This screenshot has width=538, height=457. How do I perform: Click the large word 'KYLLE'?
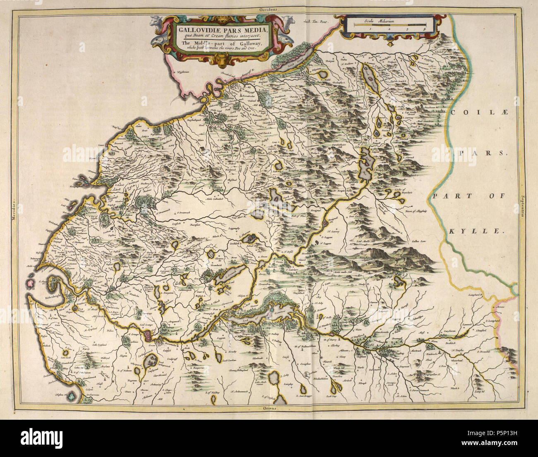[x=476, y=232]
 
